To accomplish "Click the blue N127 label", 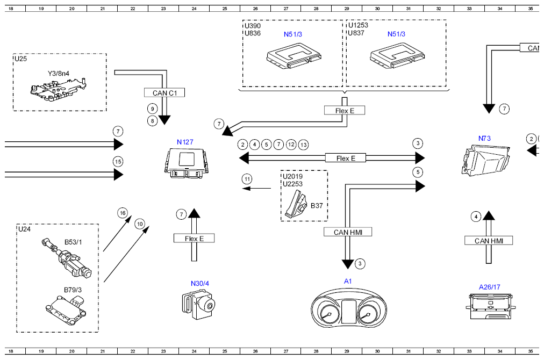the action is click(185, 142).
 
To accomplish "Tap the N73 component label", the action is click(484, 139).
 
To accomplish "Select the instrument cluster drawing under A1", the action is click(349, 308).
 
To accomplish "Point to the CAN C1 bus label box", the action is click(164, 92).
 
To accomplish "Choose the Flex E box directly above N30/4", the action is click(194, 238).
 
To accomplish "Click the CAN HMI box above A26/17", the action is click(489, 241).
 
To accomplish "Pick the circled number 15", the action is click(118, 162).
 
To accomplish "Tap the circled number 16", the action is click(123, 213).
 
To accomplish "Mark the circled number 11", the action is click(247, 179).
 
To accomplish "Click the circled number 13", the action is click(304, 145).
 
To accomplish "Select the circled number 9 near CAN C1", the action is click(152, 109).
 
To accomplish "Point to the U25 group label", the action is click(20, 59).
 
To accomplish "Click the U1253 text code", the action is click(358, 25).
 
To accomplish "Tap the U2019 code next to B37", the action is click(292, 176).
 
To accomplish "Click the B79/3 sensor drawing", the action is click(66, 308).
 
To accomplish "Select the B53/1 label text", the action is click(73, 242).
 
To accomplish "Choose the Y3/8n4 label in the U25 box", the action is click(58, 73).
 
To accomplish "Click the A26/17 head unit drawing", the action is click(490, 306).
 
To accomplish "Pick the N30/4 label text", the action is click(200, 283).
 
